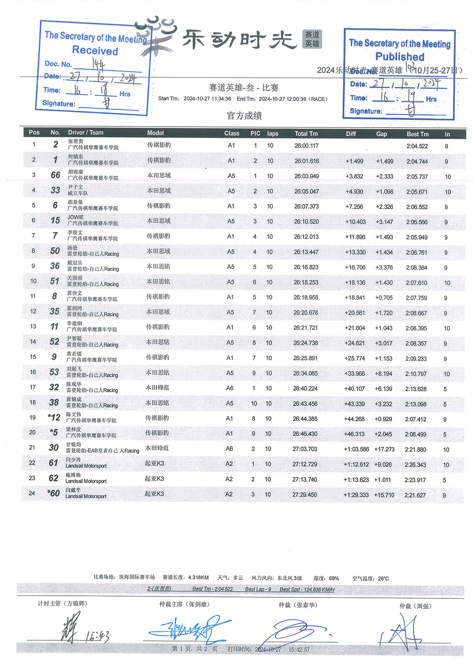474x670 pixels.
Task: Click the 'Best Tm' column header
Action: (417, 134)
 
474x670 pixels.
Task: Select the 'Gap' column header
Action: (381, 134)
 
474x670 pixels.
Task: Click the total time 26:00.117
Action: (306, 146)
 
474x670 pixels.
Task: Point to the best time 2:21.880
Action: (415, 450)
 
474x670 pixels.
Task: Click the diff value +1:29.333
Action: (356, 495)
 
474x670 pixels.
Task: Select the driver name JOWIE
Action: (76, 217)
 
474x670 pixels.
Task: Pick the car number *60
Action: (53, 493)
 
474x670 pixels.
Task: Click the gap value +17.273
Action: (384, 449)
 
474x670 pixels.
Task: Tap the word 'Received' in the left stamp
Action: (95, 50)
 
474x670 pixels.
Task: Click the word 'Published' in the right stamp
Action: (399, 57)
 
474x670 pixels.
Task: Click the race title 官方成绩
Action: (244, 116)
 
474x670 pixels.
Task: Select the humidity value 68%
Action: (334, 578)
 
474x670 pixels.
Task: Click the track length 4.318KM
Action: (198, 577)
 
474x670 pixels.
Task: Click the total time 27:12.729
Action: (305, 464)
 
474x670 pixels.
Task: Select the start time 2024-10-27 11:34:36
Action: (207, 99)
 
